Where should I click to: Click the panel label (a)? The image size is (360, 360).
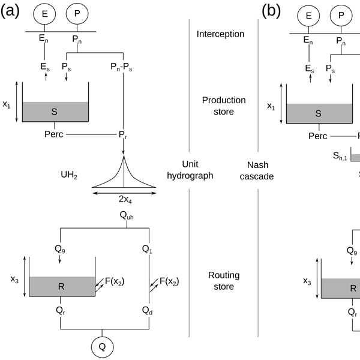[11, 11]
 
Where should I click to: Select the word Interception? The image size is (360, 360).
[220, 34]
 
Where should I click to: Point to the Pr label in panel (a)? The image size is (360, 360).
[124, 136]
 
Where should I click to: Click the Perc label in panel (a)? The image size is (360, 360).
[54, 134]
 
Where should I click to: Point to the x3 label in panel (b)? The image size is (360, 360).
[307, 280]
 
